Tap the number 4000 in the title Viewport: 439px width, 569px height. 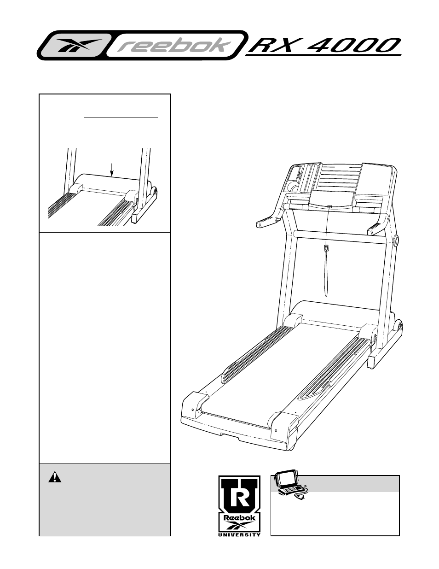coord(354,46)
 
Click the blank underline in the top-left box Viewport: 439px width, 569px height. coord(121,117)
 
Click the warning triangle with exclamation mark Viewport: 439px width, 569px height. coord(55,477)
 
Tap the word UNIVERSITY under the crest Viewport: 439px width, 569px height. coord(239,534)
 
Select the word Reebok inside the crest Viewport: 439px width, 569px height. coord(239,517)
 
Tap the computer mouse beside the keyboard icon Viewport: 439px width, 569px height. coord(300,497)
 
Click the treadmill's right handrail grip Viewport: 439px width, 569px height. coord(376,227)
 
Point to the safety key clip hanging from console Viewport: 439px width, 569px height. coord(326,248)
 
